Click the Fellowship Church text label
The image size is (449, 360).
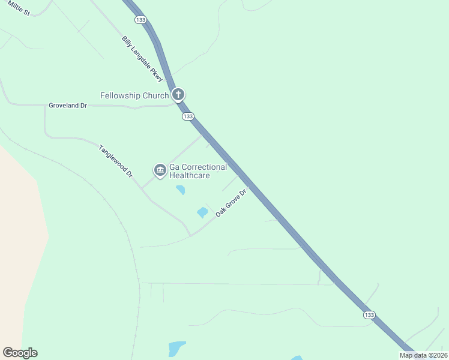pyautogui.click(x=134, y=95)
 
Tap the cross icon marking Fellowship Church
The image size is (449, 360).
pyautogui.click(x=178, y=94)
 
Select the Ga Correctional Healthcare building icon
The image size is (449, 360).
pyautogui.click(x=160, y=171)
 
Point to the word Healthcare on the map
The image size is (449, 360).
pyautogui.click(x=190, y=176)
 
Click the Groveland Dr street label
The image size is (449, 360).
pyautogui.click(x=68, y=106)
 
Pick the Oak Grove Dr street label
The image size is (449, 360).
pyautogui.click(x=231, y=203)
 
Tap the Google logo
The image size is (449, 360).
pyautogui.click(x=20, y=353)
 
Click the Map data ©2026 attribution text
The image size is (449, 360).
pyautogui.click(x=423, y=355)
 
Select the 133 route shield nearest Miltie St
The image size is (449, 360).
pyautogui.click(x=140, y=20)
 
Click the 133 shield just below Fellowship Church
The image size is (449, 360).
pyautogui.click(x=188, y=116)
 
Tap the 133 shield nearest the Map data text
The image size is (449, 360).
pyautogui.click(x=369, y=315)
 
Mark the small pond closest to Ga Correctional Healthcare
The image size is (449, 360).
pyautogui.click(x=180, y=190)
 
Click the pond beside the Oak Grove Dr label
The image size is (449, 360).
pyautogui.click(x=202, y=212)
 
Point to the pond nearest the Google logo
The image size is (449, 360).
pyautogui.click(x=176, y=349)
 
